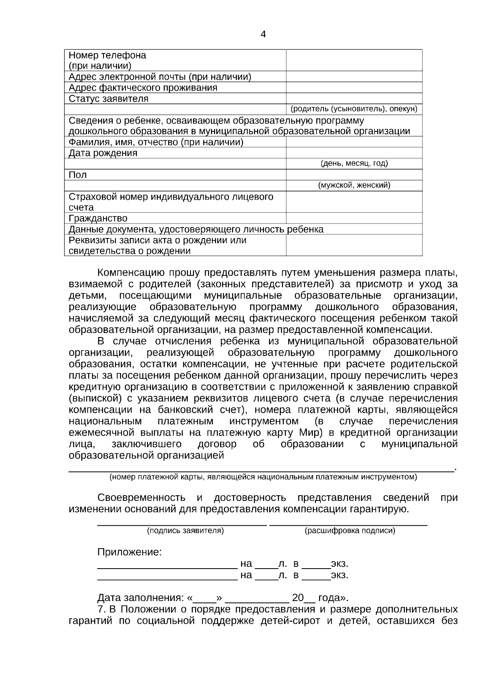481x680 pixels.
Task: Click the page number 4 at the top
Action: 263,34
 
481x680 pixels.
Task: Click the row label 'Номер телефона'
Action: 107,55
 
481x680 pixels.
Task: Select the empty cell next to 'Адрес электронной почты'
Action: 354,77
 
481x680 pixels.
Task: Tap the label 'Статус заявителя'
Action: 109,99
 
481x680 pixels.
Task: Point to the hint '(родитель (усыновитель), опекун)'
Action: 354,109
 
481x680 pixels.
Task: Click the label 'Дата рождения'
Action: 103,153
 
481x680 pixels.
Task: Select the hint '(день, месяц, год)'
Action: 354,163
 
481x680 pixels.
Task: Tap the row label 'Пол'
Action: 78,175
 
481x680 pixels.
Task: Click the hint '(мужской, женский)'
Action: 354,186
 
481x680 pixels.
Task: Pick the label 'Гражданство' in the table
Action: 98,218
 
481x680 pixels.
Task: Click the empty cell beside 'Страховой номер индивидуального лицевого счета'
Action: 354,202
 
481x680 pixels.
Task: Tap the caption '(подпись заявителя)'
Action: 185,531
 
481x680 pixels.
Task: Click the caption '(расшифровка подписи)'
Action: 350,531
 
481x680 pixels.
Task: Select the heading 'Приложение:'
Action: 129,552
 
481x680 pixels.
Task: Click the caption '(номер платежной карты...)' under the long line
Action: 263,477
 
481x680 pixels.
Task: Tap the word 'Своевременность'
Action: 141,498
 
